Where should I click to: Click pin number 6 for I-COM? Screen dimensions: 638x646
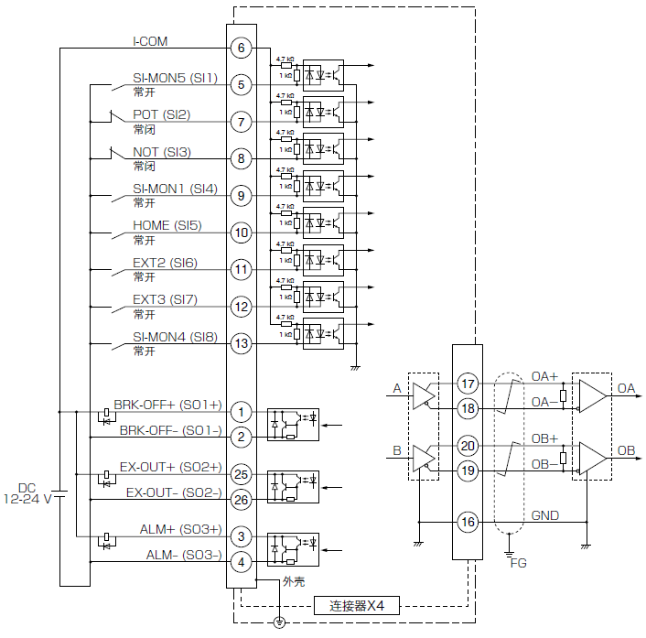pyautogui.click(x=240, y=49)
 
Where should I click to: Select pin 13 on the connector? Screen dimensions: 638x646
pyautogui.click(x=240, y=344)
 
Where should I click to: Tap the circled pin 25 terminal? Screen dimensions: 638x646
pyautogui.click(x=240, y=475)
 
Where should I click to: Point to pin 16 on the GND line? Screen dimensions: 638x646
pyautogui.click(x=468, y=523)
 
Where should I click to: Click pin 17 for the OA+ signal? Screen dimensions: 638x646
pyautogui.click(x=468, y=384)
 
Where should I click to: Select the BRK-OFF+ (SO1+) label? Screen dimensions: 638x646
pyautogui.click(x=167, y=405)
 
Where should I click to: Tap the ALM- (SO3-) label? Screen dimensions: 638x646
pyautogui.click(x=183, y=555)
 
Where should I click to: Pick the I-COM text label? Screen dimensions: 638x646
pyautogui.click(x=150, y=41)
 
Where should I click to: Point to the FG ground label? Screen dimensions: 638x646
pyautogui.click(x=519, y=563)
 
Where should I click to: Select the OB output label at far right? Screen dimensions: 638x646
pyautogui.click(x=626, y=450)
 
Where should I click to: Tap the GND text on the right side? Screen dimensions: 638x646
pyautogui.click(x=544, y=515)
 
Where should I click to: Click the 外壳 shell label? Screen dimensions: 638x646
pyautogui.click(x=294, y=580)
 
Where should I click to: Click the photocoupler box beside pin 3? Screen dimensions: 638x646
pyautogui.click(x=293, y=548)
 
